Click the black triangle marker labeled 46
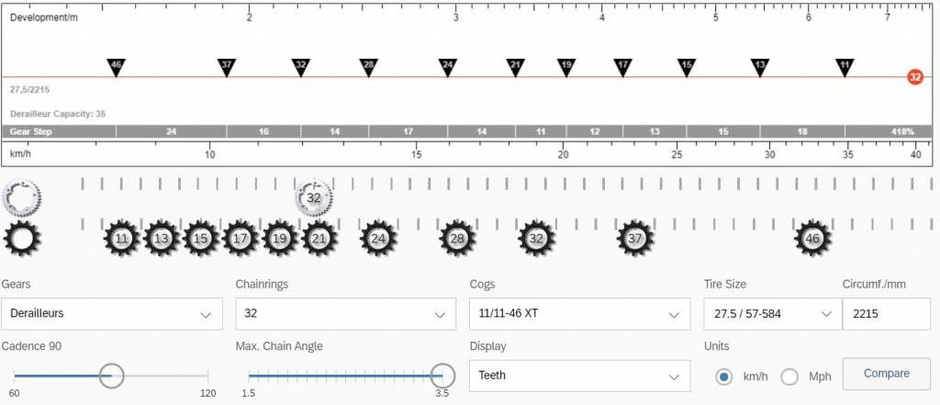[116, 67]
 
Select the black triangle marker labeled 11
[845, 67]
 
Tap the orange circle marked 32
[915, 77]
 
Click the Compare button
[886, 374]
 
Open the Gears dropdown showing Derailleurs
[111, 314]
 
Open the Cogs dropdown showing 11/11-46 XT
[580, 314]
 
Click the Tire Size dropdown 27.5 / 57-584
[772, 314]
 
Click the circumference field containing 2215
[886, 314]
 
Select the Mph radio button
[789, 377]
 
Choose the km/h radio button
[724, 377]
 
